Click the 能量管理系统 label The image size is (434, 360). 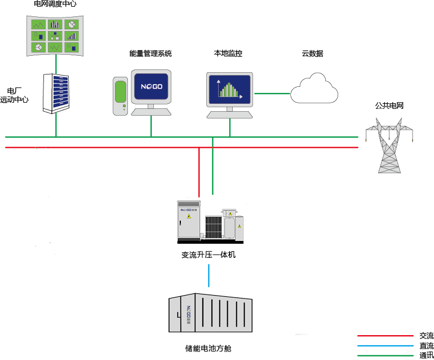[150, 54]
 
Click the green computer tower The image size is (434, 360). [120, 96]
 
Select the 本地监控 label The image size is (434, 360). [228, 54]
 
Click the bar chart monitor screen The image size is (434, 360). [229, 89]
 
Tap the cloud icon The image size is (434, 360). [314, 89]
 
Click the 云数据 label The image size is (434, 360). [312, 54]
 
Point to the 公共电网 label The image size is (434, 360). [389, 106]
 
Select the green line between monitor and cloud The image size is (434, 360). [272, 93]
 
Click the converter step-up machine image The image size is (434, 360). [211, 220]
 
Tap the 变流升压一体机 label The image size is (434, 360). [208, 255]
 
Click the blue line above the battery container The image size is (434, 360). [209, 276]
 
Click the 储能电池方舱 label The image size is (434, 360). [208, 348]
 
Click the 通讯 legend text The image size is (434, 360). [427, 355]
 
